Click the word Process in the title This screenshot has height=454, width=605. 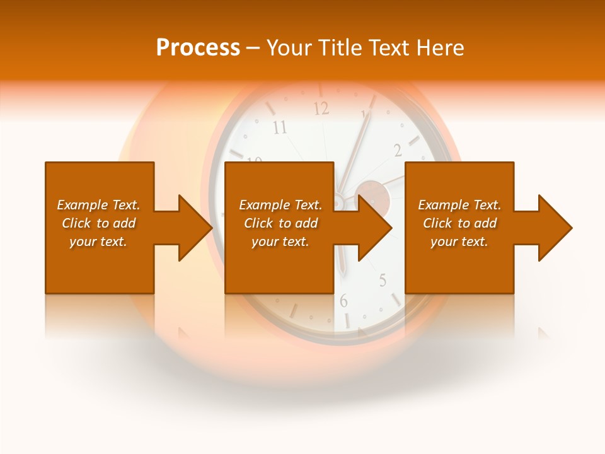198,48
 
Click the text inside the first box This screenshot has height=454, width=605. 98,223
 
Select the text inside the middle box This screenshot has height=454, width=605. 280,223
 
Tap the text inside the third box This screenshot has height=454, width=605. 459,223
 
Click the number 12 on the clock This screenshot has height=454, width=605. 321,108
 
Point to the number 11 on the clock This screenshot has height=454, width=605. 279,128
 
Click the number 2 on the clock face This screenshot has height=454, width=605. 398,150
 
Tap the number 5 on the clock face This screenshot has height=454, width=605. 383,281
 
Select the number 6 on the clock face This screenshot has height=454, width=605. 343,301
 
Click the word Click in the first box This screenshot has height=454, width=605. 77,223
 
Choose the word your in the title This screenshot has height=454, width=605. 288,48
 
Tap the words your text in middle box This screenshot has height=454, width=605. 280,242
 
